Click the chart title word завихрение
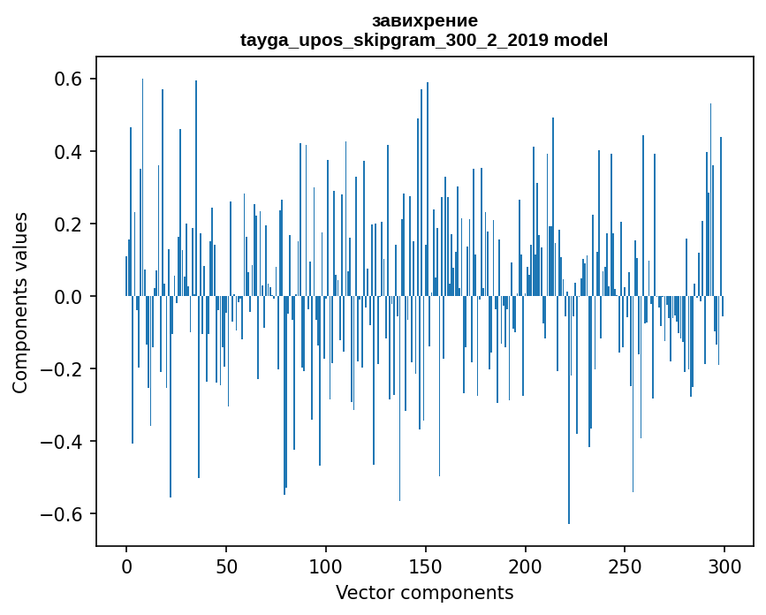tap(425, 20)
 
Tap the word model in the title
tap(580, 40)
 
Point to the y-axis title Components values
tap(20, 302)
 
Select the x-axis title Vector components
tap(424, 592)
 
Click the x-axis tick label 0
tap(126, 566)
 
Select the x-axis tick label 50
tap(226, 566)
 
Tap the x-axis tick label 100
tap(326, 566)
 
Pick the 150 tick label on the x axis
tap(426, 566)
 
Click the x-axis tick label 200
tap(526, 566)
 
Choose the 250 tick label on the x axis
tap(626, 566)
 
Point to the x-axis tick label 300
tap(725, 566)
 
